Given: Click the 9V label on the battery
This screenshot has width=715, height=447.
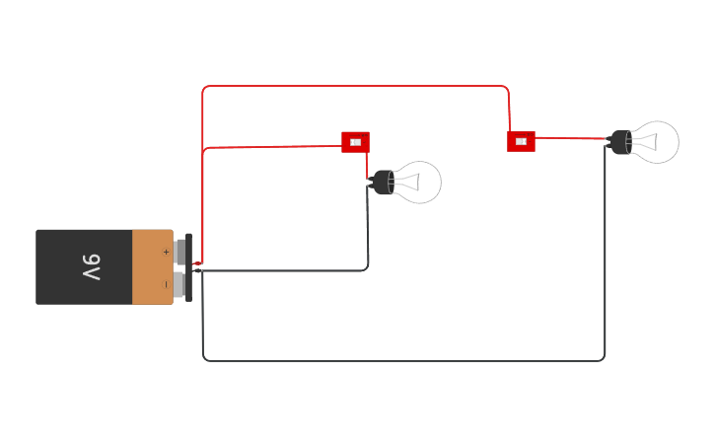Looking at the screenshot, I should point(90,266).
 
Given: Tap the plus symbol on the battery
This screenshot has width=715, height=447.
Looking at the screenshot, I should point(166,252).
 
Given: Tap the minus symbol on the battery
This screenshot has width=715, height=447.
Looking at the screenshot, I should point(165,284).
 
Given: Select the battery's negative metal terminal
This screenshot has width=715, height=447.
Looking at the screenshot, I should point(179,285).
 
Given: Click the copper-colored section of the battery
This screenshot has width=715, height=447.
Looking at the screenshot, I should point(152,267).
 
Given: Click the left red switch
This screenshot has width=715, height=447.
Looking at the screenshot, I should point(355,142).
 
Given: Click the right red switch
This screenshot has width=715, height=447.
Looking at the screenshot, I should point(521,141).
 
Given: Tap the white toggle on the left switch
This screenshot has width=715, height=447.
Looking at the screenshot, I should point(355,142).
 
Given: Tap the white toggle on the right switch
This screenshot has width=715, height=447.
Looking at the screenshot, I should point(521,141).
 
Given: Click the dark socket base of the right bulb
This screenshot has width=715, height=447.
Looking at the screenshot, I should point(620,142).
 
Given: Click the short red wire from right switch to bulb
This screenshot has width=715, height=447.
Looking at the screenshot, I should point(572,139).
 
